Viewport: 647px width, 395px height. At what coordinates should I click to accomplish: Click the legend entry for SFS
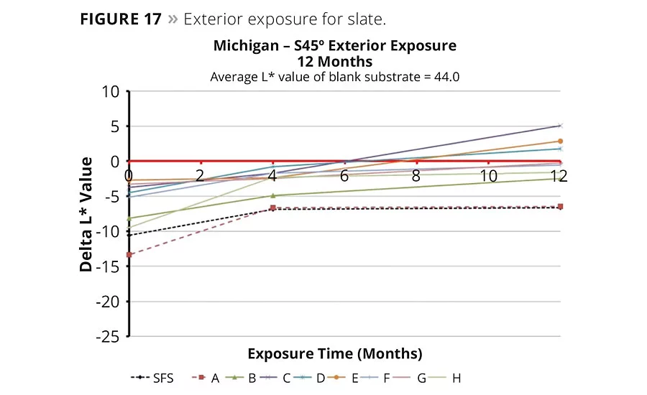click(x=152, y=378)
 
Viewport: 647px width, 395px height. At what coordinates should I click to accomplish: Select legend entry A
click(x=206, y=378)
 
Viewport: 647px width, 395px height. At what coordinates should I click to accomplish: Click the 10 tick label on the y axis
click(x=110, y=91)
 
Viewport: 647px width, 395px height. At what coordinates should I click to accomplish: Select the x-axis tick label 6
click(x=344, y=175)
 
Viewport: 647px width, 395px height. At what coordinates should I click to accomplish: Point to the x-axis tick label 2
click(x=201, y=175)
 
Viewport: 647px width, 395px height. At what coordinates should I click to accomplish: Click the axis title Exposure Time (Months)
click(x=334, y=354)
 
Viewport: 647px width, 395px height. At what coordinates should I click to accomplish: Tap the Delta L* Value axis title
click(x=86, y=214)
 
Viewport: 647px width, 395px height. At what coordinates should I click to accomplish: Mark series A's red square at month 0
click(x=129, y=255)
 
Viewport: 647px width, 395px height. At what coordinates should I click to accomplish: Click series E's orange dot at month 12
click(x=560, y=141)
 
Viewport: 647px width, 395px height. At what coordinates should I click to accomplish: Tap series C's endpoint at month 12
click(x=560, y=126)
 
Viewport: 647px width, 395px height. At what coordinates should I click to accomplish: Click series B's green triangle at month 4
click(x=272, y=195)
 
